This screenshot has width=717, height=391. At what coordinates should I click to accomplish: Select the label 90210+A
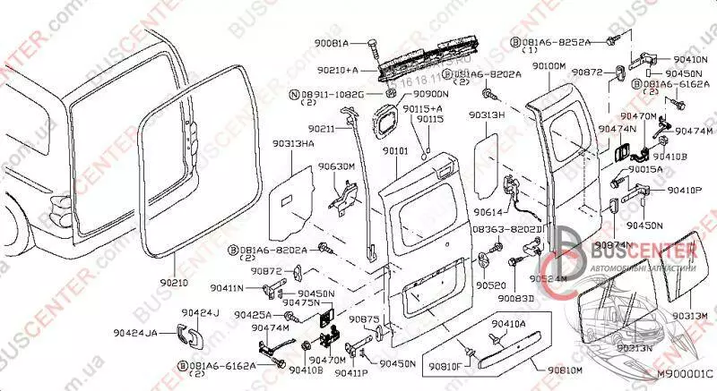pos(338,69)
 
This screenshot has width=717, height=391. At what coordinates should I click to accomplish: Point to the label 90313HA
pos(293,143)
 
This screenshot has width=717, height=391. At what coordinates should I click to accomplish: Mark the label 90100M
pos(548,66)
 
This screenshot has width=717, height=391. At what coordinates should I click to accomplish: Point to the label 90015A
pos(645,169)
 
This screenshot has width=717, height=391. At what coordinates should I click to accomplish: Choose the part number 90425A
pos(255,315)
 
